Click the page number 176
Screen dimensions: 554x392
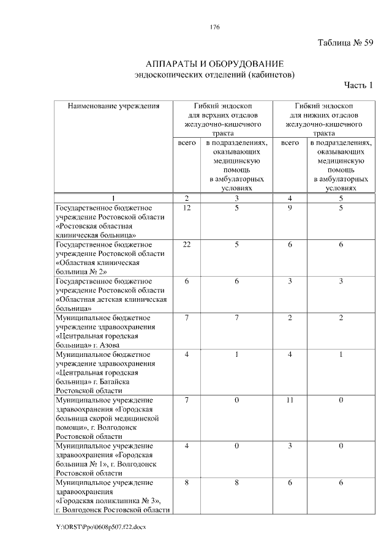pos(214,28)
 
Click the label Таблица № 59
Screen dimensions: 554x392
pos(345,43)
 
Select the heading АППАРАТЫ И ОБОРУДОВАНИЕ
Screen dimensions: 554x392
pos(214,64)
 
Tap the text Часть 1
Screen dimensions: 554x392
pos(358,84)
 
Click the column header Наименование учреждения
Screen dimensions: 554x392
pos(113,106)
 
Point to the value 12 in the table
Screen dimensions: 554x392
pos(187,208)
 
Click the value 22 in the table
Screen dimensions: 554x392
pos(187,244)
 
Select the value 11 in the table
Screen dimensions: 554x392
pos(290,400)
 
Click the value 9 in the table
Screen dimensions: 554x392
pos(290,208)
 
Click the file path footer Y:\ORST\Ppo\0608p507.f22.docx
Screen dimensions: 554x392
pos(101,526)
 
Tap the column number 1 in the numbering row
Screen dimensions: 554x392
pos(113,198)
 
